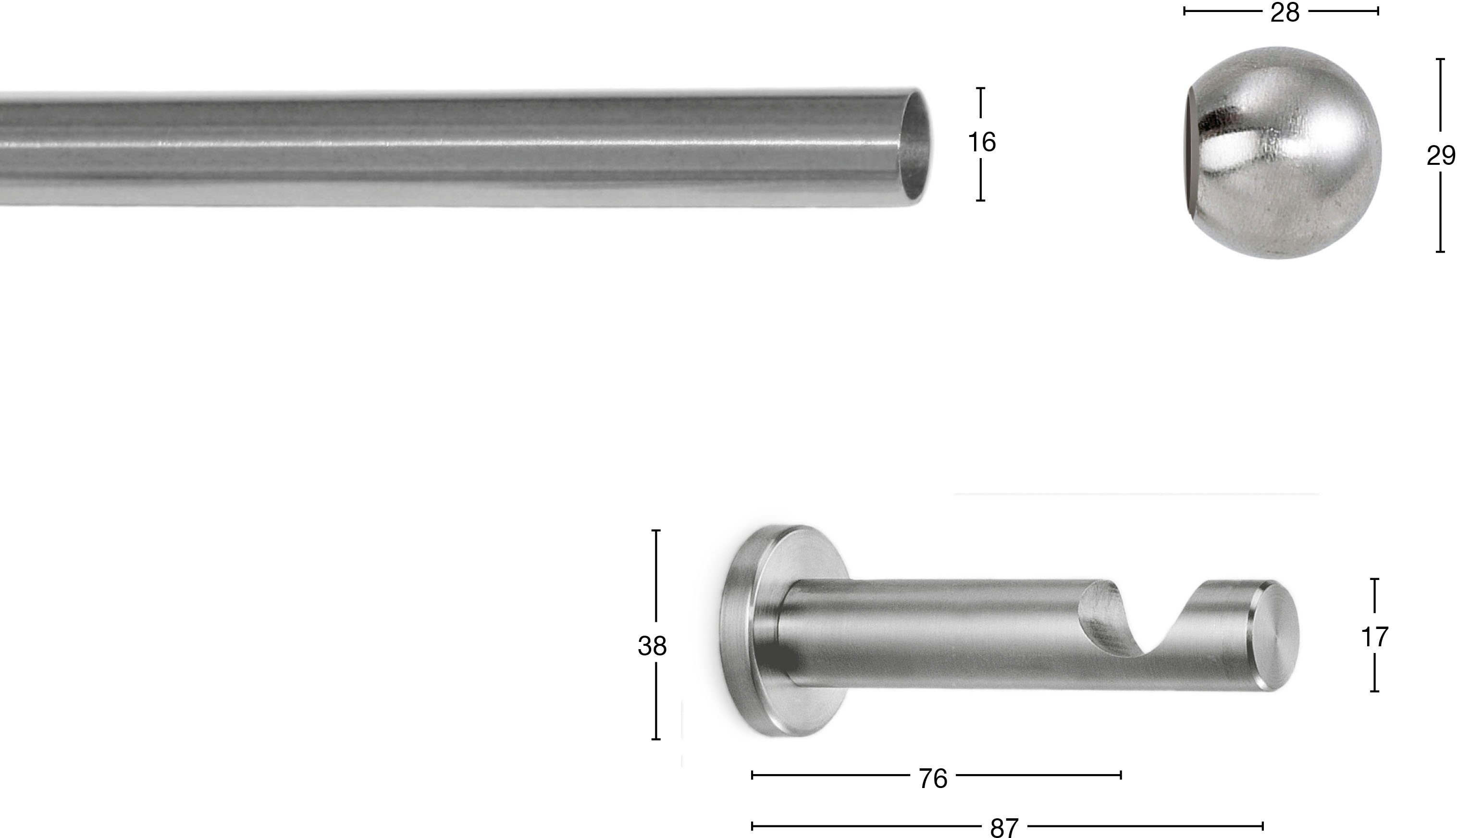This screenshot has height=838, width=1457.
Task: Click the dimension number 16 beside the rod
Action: [x=981, y=143]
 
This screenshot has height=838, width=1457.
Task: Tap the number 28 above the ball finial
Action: [x=1284, y=12]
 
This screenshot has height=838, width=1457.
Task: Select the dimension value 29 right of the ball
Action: [x=1440, y=155]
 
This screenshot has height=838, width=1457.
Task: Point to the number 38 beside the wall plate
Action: [x=652, y=646]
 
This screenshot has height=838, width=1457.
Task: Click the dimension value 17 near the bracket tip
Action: [x=1374, y=637]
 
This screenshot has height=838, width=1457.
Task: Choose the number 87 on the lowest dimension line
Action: [x=1004, y=827]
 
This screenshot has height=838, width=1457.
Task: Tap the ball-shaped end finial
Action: [x=1284, y=152]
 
